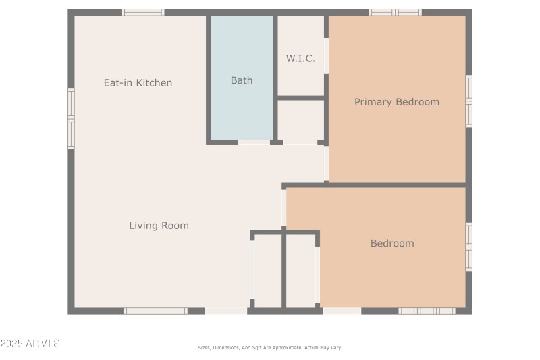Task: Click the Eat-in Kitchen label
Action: coord(138,83)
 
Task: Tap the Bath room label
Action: coord(242,80)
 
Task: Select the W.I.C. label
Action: coord(300,59)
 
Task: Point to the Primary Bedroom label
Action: coord(397,102)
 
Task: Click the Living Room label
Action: coord(159,226)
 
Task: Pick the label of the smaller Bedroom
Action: coord(392,243)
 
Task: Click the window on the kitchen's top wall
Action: coord(142,12)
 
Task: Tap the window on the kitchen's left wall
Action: coord(71,118)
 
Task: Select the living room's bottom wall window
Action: coord(155,311)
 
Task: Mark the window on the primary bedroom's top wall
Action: coord(395,12)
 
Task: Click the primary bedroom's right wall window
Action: coord(468,101)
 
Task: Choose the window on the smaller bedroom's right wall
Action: coord(468,247)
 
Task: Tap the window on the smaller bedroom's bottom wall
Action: coord(427,311)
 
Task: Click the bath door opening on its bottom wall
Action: coord(254,142)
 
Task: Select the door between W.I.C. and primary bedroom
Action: coord(326,55)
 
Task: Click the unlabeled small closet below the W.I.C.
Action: coord(300,120)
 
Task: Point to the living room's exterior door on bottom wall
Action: coord(225,311)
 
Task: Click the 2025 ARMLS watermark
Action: coord(30,344)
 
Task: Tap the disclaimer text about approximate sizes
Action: coord(270,347)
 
